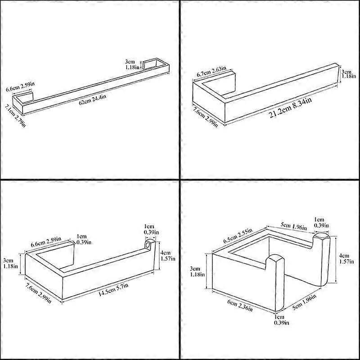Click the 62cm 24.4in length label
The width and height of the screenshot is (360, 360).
click(x=93, y=99)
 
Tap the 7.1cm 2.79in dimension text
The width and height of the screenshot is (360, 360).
click(x=15, y=116)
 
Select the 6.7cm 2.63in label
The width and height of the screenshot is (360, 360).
click(x=211, y=72)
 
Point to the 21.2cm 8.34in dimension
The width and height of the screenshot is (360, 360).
click(x=290, y=108)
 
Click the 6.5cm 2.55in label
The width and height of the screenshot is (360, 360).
click(x=238, y=236)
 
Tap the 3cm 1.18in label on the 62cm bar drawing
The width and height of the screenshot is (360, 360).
click(x=132, y=64)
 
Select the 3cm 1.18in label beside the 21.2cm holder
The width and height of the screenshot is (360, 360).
click(x=348, y=73)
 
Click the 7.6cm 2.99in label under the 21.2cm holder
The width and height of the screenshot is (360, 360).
click(x=205, y=117)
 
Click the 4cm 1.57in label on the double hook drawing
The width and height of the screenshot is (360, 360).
click(x=346, y=258)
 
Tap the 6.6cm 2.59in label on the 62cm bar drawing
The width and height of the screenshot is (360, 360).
click(x=20, y=86)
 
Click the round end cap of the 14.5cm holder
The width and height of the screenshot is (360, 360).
click(x=149, y=244)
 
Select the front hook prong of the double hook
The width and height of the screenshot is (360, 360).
click(x=276, y=283)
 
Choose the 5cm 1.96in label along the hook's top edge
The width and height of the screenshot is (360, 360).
click(x=294, y=226)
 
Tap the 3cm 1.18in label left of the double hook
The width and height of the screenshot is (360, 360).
click(x=197, y=272)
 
